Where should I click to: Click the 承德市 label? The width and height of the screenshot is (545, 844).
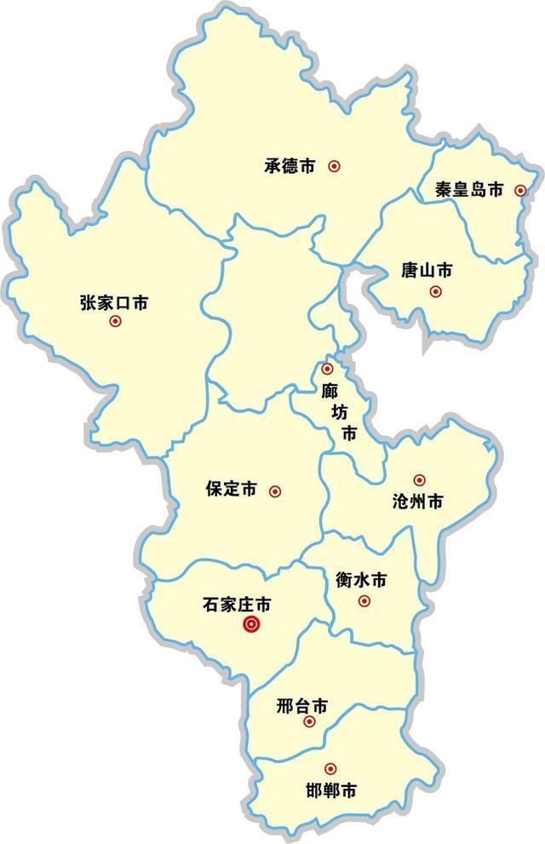pyautogui.click(x=290, y=166)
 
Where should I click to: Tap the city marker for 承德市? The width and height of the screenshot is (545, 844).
pyautogui.click(x=334, y=166)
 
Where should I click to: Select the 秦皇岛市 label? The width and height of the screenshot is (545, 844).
pyautogui.click(x=469, y=191)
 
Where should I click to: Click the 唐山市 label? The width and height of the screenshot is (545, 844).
pyautogui.click(x=427, y=271)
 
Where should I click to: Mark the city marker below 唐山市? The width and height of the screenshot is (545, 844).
pyautogui.click(x=436, y=292)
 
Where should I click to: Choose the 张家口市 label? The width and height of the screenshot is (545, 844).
pyautogui.click(x=114, y=301)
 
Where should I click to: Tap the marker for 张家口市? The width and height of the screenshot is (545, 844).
pyautogui.click(x=116, y=322)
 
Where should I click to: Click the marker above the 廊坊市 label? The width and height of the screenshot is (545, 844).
pyautogui.click(x=328, y=370)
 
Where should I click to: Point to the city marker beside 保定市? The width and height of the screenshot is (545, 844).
pyautogui.click(x=274, y=491)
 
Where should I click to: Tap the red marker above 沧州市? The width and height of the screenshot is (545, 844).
pyautogui.click(x=419, y=480)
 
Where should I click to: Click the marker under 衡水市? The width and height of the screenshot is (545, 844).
pyautogui.click(x=364, y=601)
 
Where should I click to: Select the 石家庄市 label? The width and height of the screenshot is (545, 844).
pyautogui.click(x=238, y=605)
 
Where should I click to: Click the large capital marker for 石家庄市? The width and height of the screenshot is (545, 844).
pyautogui.click(x=252, y=626)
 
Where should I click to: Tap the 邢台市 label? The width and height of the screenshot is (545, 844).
pyautogui.click(x=302, y=705)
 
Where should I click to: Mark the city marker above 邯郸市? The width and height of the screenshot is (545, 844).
pyautogui.click(x=330, y=769)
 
